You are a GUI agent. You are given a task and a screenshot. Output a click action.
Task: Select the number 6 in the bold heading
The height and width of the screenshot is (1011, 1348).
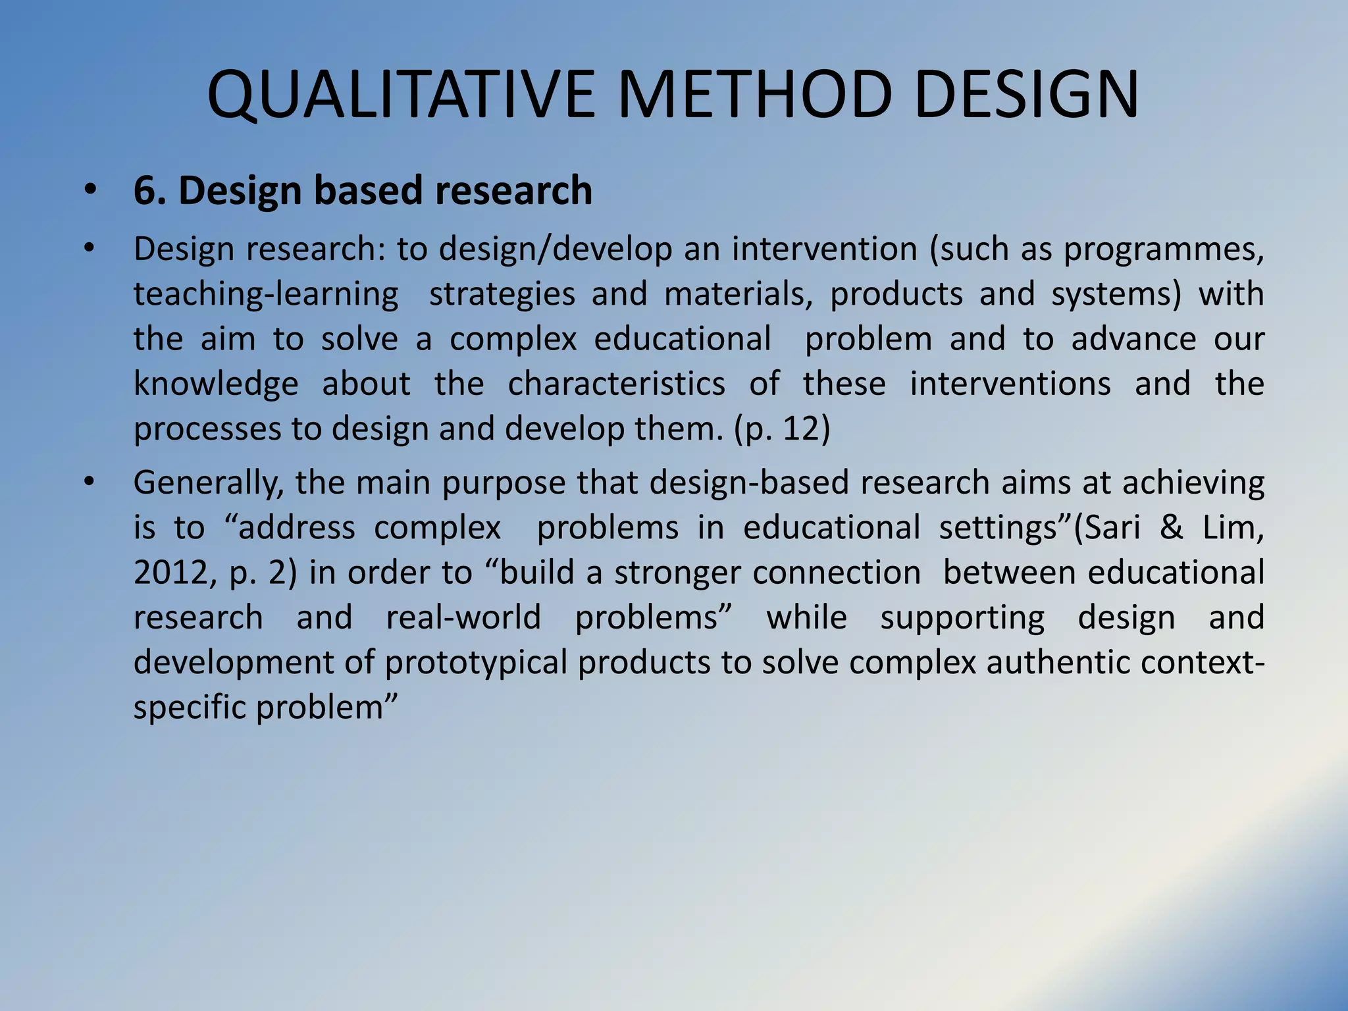click(144, 191)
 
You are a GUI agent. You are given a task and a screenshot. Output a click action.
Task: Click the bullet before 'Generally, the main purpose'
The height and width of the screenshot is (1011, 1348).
click(90, 483)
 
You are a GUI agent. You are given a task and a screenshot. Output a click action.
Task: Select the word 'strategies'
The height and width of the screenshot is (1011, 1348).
click(502, 294)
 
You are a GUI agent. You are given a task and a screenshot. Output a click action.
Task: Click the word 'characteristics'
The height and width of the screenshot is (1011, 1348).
click(616, 384)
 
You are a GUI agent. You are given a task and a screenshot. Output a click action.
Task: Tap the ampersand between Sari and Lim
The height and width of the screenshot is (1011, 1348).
click(1171, 528)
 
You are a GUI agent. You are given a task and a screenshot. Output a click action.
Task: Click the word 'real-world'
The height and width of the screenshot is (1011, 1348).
click(463, 618)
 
